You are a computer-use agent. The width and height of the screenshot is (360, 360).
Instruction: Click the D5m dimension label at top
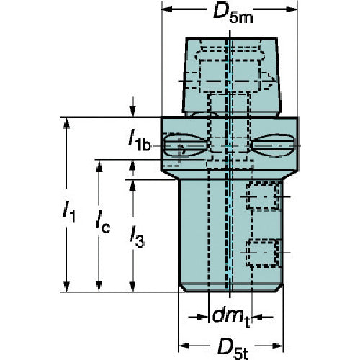(233, 14)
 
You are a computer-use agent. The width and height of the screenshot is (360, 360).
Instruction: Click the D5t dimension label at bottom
(233, 350)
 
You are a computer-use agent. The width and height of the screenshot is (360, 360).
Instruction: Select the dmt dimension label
(231, 317)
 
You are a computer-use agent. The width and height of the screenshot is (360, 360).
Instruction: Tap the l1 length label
(69, 212)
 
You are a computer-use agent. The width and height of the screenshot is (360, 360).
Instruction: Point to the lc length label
(103, 222)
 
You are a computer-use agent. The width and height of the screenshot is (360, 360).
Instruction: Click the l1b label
(139, 142)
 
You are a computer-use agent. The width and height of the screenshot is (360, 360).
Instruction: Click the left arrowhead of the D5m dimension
(167, 9)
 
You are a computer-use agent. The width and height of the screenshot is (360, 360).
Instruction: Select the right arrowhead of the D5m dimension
(292, 9)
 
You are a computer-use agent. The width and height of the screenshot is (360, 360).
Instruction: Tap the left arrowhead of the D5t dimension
(184, 346)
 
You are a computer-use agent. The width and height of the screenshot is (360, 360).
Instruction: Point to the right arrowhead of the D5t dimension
(277, 346)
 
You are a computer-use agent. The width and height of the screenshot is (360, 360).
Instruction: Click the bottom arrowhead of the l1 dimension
(66, 286)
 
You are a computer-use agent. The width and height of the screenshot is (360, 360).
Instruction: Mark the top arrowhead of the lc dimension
(99, 166)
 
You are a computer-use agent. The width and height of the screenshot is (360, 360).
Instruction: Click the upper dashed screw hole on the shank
(263, 197)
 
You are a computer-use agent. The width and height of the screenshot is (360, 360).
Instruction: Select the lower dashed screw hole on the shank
(263, 253)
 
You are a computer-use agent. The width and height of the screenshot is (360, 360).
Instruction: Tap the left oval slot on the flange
(185, 145)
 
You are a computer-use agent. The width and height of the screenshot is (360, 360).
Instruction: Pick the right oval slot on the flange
(273, 145)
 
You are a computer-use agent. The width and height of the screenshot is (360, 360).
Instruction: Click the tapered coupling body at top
(231, 76)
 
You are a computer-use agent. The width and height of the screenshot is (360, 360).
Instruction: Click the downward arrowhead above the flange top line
(132, 111)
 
